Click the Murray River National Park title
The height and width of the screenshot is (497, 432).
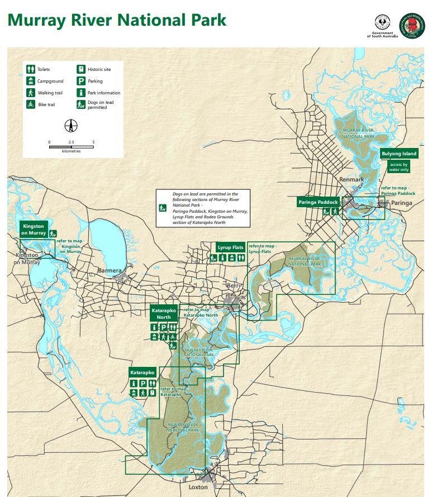click(117, 20)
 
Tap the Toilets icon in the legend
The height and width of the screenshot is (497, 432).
click(30, 69)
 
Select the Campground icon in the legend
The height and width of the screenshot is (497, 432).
click(30, 81)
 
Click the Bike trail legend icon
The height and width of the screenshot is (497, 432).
click(30, 104)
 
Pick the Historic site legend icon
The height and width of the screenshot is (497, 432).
click(81, 69)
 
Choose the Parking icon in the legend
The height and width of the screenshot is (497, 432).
click(81, 81)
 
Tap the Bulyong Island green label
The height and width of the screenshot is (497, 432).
click(399, 154)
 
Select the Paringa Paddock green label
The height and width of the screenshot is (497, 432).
click(317, 202)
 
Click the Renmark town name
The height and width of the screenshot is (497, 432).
click(352, 180)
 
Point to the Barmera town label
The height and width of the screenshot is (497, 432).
click(110, 271)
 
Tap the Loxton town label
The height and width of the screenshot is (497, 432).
click(198, 487)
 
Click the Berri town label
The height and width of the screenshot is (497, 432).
click(233, 285)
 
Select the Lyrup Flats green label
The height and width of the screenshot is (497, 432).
click(230, 247)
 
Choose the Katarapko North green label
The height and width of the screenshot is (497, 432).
click(164, 313)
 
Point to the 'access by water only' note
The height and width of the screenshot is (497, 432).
click(399, 166)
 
